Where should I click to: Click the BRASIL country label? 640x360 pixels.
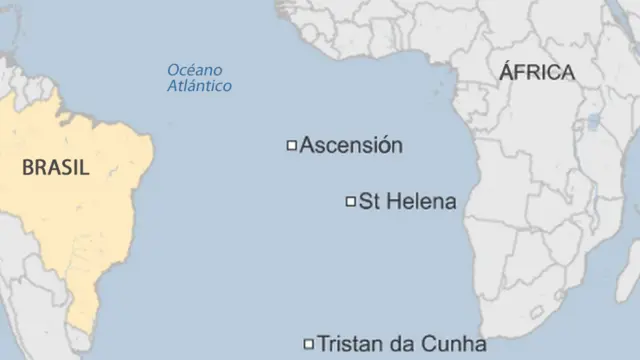[x=55, y=168]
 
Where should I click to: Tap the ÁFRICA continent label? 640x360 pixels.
[x=537, y=72]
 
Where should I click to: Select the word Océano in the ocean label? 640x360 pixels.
[x=195, y=70]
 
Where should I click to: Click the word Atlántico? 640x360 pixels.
[x=199, y=86]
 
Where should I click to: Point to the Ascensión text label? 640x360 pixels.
[x=351, y=145]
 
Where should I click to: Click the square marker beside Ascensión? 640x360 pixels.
[x=292, y=146]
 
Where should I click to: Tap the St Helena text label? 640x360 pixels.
[x=407, y=202]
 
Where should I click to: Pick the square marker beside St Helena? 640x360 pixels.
[x=351, y=202]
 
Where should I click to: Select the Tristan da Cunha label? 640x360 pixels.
[x=402, y=345]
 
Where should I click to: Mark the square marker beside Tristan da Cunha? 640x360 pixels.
[x=308, y=345]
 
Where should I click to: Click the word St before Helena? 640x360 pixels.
[x=368, y=202]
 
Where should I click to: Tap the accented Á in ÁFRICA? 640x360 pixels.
[x=506, y=72]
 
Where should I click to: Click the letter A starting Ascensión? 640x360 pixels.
[x=307, y=145]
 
